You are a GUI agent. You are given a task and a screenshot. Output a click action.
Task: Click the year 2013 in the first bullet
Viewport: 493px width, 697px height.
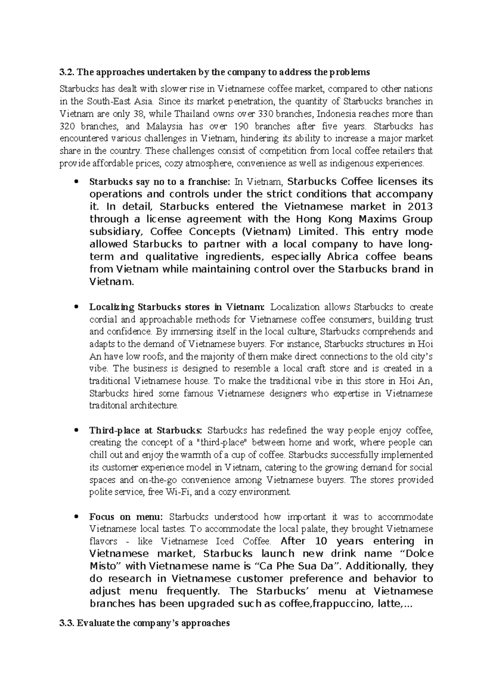pos(419,206)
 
